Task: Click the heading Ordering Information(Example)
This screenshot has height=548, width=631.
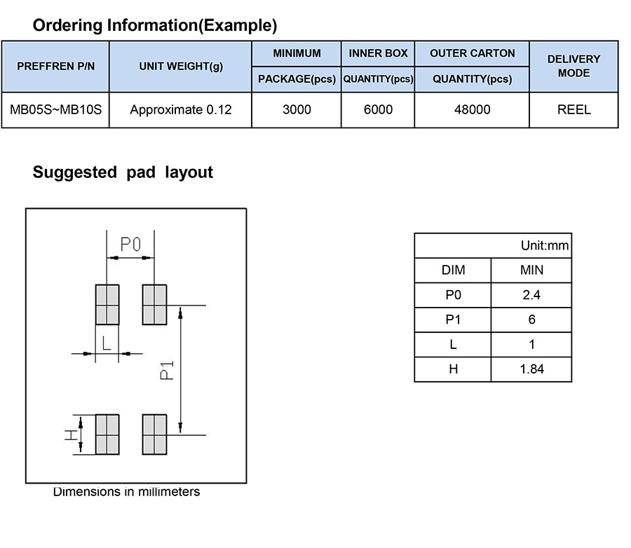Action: pos(155,26)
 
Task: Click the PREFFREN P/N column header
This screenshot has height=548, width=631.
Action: pos(55,66)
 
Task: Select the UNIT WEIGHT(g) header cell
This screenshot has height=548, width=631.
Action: pos(181,66)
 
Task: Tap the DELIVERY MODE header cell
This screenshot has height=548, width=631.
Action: pos(574,66)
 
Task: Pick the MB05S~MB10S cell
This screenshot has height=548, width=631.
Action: pos(55,110)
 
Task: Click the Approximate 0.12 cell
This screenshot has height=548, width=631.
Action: pos(181,110)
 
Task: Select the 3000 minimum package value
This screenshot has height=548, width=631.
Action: pos(297,110)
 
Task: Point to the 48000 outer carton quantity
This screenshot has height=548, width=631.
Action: pos(472,110)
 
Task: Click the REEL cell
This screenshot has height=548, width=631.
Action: pos(574,110)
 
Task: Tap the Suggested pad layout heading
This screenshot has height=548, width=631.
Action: pos(123,172)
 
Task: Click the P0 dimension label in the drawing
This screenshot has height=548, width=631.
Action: pos(130,245)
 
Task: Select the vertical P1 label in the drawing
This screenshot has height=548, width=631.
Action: pos(166,369)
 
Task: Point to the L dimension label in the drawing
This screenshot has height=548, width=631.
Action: pos(107,343)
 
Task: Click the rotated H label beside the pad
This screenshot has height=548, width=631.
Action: pos(72,434)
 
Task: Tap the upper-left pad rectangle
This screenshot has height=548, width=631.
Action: pos(107,304)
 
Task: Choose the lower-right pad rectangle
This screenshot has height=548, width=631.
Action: pos(154,434)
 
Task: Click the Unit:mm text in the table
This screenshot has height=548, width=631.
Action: pos(544,246)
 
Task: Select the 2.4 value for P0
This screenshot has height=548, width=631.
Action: pos(531,295)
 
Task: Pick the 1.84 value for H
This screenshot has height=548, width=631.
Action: pos(531,369)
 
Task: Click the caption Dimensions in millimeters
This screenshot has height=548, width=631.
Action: pos(126,492)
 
